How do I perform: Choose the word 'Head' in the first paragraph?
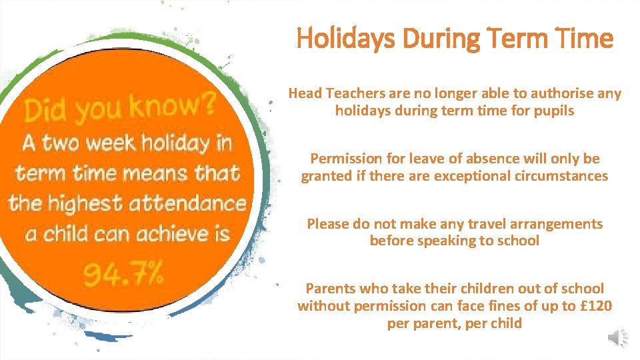pos(304,93)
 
